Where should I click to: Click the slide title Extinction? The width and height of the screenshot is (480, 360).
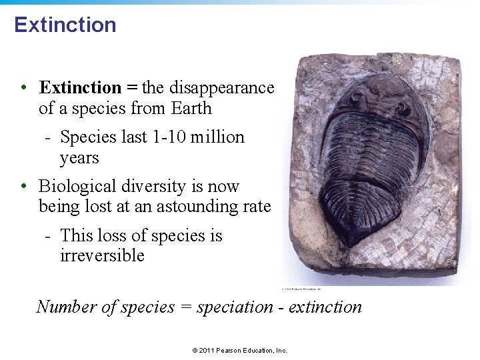(x=65, y=25)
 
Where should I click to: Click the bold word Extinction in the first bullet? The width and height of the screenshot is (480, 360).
(x=80, y=88)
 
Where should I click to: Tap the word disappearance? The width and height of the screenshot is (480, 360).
(x=221, y=88)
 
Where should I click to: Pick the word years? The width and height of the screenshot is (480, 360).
(x=79, y=159)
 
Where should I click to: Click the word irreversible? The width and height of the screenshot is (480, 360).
(x=102, y=256)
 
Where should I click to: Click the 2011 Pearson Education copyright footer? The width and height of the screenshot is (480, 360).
(x=239, y=350)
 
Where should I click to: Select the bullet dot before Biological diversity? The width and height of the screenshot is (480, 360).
(x=24, y=187)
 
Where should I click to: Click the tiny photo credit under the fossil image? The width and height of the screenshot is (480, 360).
(x=301, y=289)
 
